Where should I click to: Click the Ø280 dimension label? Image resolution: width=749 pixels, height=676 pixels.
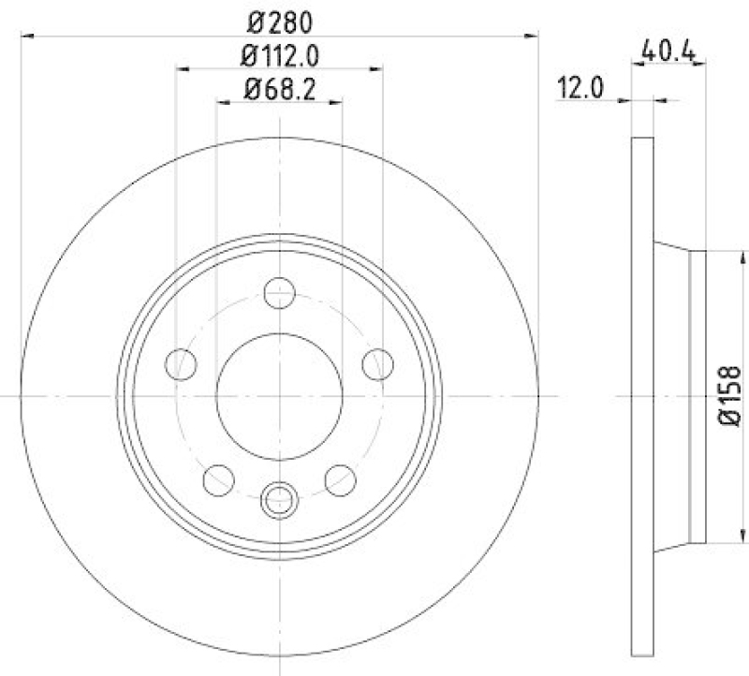pos(279,20)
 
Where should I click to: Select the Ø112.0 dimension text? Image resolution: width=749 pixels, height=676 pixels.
pos(279,55)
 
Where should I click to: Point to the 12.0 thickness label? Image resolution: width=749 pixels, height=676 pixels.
pos(580,89)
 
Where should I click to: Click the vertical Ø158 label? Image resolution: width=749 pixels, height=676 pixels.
pos(731,396)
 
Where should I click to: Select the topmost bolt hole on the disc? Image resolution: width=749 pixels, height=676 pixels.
pos(279,293)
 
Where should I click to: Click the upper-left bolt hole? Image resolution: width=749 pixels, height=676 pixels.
pos(181,363)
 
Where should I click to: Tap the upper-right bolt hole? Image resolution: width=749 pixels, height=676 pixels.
pos(377,363)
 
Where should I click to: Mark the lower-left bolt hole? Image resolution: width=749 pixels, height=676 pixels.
pos(218,479)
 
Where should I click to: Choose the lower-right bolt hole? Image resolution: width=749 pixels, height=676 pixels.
pos(340,479)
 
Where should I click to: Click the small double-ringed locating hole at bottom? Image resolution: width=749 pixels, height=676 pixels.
pos(279,501)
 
